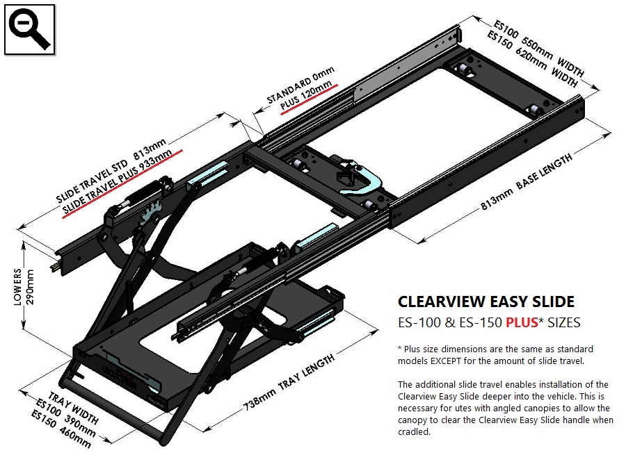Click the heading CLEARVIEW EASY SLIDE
point(485,302)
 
